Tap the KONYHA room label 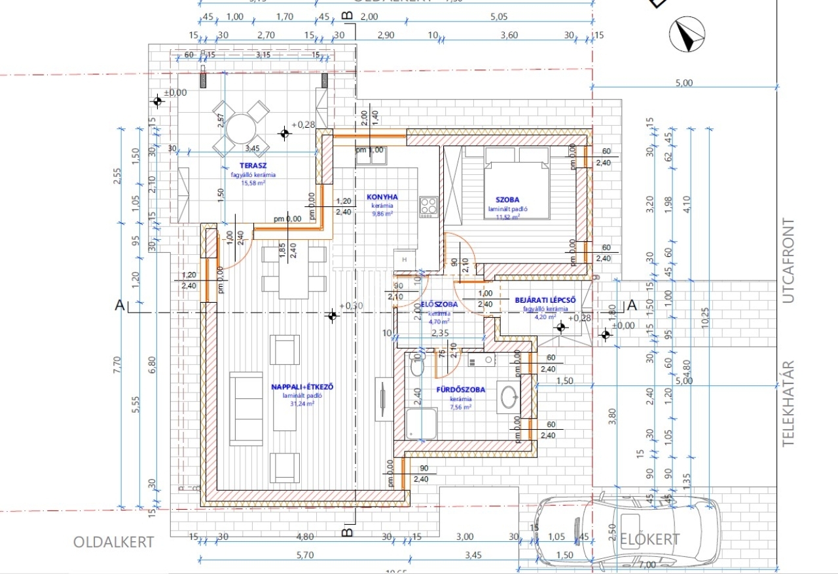click(x=382, y=197)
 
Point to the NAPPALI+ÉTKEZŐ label click(x=302, y=387)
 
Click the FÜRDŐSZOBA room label click(x=461, y=390)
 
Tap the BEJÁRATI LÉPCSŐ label click(x=545, y=299)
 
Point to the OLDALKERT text click(x=114, y=542)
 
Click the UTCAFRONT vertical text click(x=788, y=261)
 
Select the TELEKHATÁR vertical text click(x=788, y=404)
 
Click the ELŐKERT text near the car click(x=649, y=539)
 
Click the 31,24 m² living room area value click(x=302, y=404)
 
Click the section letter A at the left click(x=119, y=305)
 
